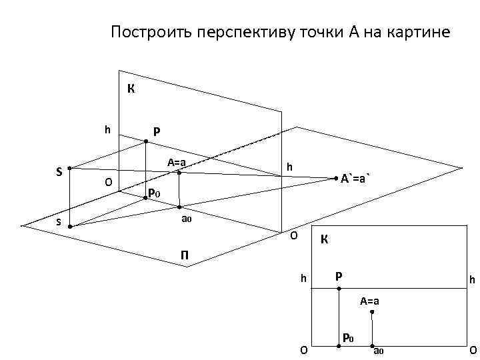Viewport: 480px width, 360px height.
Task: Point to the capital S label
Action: point(59,172)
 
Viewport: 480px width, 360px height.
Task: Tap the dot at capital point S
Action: point(69,168)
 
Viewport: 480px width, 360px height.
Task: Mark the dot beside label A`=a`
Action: point(335,178)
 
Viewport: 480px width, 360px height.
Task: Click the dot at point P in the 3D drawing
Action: point(146,141)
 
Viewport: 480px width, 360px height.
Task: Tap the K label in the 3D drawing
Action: point(131,88)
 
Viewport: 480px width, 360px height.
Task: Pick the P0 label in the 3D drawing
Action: point(154,193)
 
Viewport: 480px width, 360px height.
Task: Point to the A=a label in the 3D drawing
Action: point(177,162)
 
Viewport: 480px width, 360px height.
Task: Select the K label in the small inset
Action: point(323,239)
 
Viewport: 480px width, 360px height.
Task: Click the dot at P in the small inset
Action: point(339,288)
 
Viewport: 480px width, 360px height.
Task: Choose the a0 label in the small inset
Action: point(379,351)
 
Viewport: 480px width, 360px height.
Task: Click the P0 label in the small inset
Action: point(347,339)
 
